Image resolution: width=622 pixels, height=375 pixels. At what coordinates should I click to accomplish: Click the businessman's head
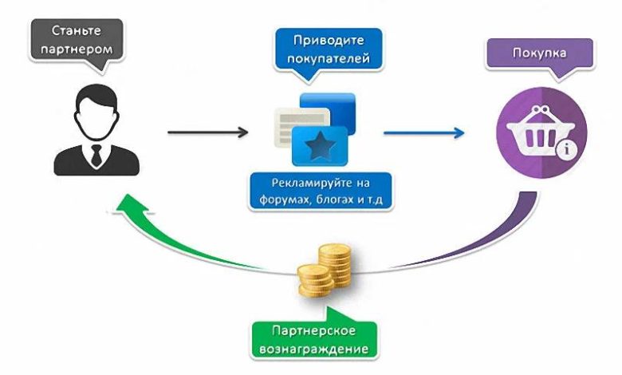pyautogui.click(x=96, y=111)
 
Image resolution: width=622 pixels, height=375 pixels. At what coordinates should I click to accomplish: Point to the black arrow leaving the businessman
pyautogui.click(x=208, y=131)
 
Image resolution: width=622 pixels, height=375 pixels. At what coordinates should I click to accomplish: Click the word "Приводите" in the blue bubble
pyautogui.click(x=318, y=39)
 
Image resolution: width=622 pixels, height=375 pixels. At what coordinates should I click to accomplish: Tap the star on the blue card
pyautogui.click(x=320, y=145)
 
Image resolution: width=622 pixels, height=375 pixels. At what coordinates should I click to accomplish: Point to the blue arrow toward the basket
pyautogui.click(x=423, y=131)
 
